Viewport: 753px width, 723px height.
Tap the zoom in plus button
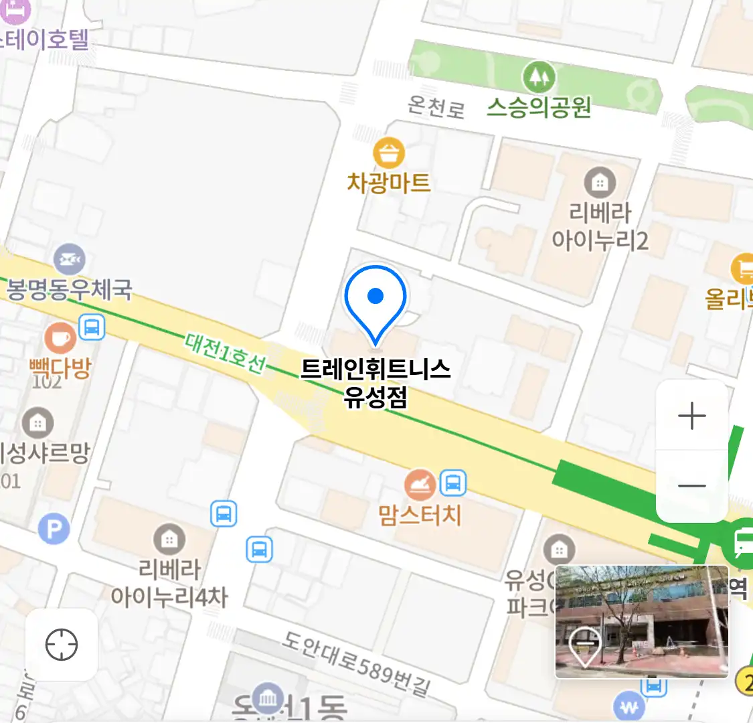coord(691,416)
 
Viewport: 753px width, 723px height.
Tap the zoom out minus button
coord(691,485)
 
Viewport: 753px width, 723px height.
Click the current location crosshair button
coord(62,645)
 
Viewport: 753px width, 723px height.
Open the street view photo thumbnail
coord(642,621)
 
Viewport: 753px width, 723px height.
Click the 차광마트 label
coord(388,183)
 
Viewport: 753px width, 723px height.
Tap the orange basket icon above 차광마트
coord(389,153)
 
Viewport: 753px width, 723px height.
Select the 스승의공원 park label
coord(539,107)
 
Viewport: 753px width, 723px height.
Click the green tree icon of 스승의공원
coord(539,77)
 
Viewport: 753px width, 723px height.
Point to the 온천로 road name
coord(436,106)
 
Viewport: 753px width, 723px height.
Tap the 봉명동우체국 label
coord(69,290)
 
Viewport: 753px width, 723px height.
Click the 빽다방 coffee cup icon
coord(60,337)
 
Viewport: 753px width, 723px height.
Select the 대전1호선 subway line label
coord(226,353)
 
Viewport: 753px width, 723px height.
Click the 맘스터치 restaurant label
coord(420,515)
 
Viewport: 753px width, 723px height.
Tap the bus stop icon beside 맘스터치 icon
coord(453,482)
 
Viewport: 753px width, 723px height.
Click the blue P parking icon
coord(54,530)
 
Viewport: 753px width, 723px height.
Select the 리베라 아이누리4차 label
coord(169,582)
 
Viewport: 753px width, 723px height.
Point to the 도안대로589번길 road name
coord(355,663)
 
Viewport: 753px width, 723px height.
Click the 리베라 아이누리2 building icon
coord(600,181)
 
